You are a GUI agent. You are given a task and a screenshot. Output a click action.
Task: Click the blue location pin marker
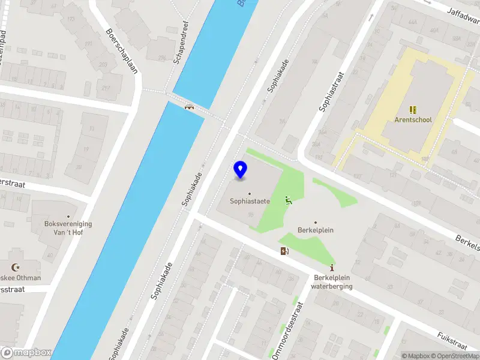(x=241, y=170)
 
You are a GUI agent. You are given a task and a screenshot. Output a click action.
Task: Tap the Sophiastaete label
(x=250, y=201)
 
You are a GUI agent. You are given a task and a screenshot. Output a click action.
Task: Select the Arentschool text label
(x=413, y=119)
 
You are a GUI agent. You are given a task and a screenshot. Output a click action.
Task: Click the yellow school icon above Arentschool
(x=413, y=110)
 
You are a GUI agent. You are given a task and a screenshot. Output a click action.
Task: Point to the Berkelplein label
(x=316, y=230)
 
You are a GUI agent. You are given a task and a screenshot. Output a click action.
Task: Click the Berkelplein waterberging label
(x=332, y=282)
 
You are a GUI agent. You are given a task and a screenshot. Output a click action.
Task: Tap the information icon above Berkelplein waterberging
(x=332, y=268)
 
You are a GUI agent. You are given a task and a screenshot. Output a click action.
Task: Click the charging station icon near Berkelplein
(x=283, y=251)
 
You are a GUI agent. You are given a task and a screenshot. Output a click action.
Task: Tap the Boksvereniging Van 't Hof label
(x=68, y=228)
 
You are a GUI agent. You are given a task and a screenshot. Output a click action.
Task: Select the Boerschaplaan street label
(x=122, y=51)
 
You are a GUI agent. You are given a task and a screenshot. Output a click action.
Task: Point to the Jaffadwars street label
(x=461, y=15)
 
